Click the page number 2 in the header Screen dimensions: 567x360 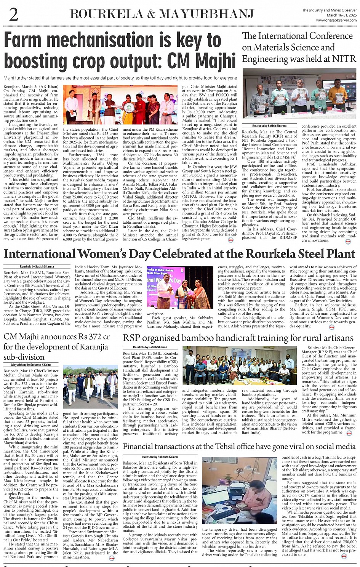[14, 14]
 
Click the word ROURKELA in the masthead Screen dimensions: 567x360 [107, 14]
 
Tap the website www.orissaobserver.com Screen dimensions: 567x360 [336, 20]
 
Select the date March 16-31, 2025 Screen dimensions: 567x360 [342, 15]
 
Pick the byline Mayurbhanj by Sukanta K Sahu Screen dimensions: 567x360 [30, 365]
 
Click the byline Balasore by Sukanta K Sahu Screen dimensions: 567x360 [160, 457]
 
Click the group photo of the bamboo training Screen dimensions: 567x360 [238, 365]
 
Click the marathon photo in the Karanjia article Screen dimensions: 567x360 [90, 387]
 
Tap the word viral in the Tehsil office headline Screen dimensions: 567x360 [301, 446]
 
